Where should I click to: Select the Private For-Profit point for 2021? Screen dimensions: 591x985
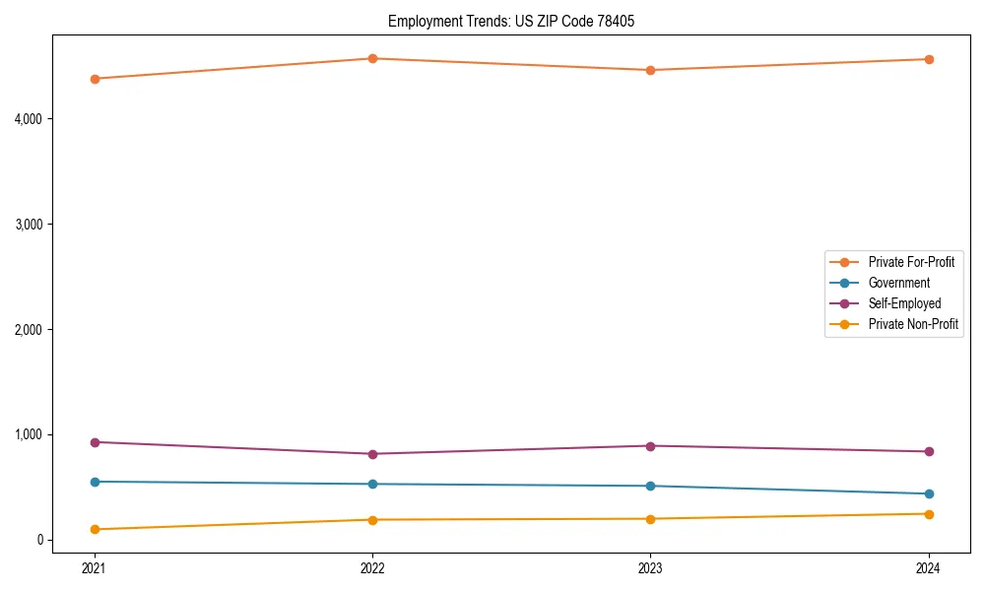[x=95, y=79]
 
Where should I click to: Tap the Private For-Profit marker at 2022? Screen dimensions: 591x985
[x=372, y=58]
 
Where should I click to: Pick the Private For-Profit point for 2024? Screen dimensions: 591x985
[x=929, y=59]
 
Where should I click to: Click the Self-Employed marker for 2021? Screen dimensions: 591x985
[x=95, y=442]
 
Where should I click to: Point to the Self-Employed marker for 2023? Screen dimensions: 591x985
[x=650, y=446]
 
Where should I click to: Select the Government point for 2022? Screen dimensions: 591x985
[x=372, y=484]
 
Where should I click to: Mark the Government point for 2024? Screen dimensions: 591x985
[x=929, y=493]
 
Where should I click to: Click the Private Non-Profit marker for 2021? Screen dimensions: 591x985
[x=95, y=529]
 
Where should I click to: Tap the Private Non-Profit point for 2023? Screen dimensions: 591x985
[x=650, y=519]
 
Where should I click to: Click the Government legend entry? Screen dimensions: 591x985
[x=898, y=283]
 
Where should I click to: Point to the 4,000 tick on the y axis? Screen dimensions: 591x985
[x=29, y=119]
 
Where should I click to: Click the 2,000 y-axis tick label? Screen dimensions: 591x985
[x=29, y=329]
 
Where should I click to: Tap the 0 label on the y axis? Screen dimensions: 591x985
[x=39, y=540]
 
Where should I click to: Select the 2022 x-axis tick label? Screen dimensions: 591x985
[x=372, y=567]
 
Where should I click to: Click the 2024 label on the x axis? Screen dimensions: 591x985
[x=929, y=567]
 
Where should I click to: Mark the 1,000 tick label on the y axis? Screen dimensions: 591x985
[x=29, y=434]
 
